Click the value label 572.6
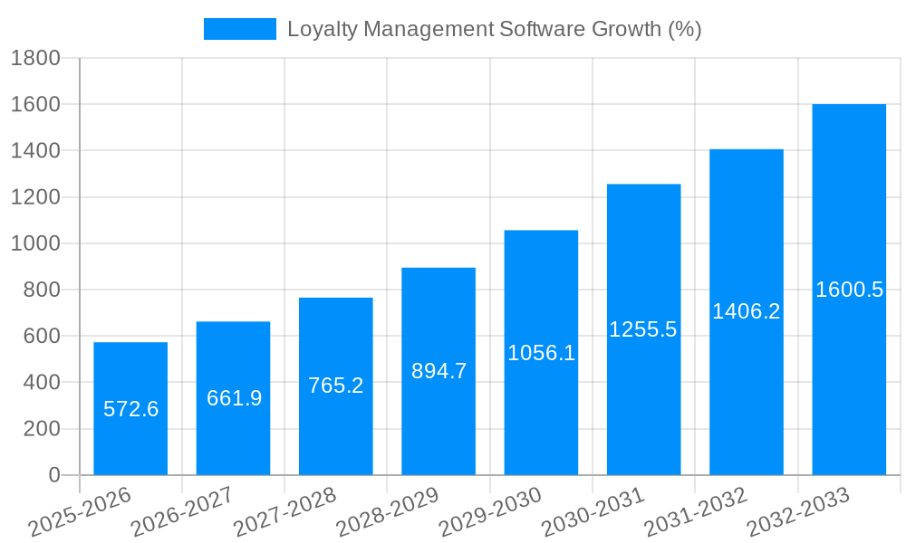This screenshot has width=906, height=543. [130, 409]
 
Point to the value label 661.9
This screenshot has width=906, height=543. [234, 398]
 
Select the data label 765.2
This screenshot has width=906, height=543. [336, 386]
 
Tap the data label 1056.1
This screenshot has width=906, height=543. [541, 353]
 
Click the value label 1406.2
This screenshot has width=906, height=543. [746, 311]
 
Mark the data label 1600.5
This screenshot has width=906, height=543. [849, 290]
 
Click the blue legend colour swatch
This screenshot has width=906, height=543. [239, 29]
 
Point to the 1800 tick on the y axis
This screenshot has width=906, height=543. [35, 58]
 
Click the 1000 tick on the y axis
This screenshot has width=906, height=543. [35, 243]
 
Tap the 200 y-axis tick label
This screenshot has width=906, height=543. [42, 429]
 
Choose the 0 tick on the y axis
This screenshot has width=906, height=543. [54, 475]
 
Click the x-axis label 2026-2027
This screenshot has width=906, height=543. [182, 511]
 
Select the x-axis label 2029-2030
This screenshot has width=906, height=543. [490, 511]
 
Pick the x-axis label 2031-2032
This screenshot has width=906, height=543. [696, 511]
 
